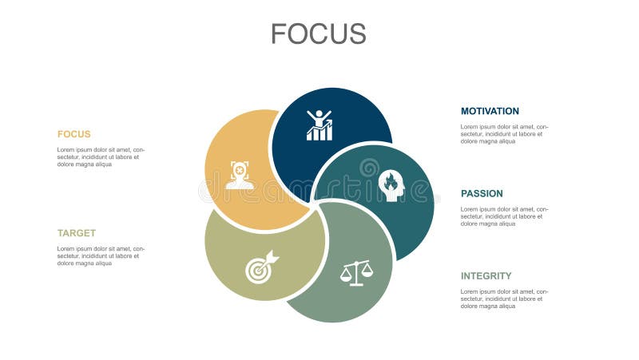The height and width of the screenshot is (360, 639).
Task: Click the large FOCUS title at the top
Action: (319, 34)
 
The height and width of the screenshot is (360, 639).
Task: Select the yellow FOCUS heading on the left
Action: (73, 134)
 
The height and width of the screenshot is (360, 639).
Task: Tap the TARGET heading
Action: (77, 233)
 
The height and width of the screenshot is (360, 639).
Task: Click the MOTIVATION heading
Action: (490, 111)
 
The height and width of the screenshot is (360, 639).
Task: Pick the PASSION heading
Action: (482, 193)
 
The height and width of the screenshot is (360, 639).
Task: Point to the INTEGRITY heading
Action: (486, 275)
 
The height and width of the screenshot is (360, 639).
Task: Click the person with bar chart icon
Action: (319, 125)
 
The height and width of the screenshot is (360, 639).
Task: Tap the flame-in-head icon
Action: (391, 185)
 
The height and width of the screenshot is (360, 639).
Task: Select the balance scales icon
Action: (356, 273)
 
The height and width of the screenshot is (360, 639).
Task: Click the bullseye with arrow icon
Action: (262, 267)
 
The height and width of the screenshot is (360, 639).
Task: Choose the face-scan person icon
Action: (240, 175)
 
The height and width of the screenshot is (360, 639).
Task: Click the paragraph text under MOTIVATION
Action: (505, 134)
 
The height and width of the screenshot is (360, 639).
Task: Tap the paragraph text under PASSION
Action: (505, 216)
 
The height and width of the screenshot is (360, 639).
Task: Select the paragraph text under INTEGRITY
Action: (505, 299)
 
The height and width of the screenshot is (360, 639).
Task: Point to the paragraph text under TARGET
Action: (101, 255)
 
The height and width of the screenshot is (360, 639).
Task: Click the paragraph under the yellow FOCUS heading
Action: (101, 156)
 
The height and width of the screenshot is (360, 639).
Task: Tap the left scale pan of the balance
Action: (346, 274)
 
